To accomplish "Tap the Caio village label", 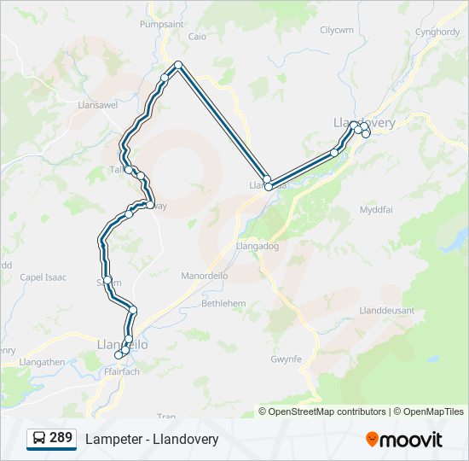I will pos(197,37).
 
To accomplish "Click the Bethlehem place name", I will pos(223,303).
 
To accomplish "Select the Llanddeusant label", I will pos(388,310).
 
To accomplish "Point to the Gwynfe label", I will pos(286,359).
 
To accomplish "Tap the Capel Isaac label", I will pos(43,277).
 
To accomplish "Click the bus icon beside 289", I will pos(39,439).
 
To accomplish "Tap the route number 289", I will pos(61,438).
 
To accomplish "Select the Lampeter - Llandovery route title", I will pos(152,439).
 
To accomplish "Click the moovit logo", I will pos(404,440).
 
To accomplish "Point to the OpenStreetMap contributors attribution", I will pos(327,411).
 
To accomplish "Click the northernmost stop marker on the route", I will pos(177,66).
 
